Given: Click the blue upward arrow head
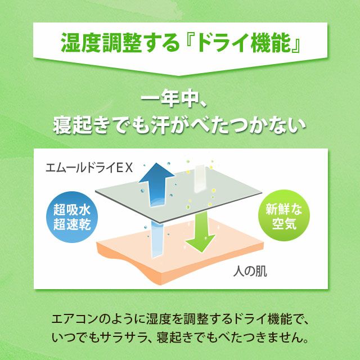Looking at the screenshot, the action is tap(156, 173).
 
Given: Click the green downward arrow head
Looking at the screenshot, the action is tap(200, 243).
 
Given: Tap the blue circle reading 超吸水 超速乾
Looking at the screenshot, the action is tap(72, 217).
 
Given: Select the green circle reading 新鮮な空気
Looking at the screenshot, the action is tap(284, 215).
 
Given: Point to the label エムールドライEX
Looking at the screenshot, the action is tap(89, 168).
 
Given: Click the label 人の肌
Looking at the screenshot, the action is tap(250, 271).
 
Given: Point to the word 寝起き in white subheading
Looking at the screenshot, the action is tap(81, 125).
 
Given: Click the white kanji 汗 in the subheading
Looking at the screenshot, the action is tap(161, 125).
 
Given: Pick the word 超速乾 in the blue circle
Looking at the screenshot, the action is tap(72, 224).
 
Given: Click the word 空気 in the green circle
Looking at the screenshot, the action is tap(284, 223).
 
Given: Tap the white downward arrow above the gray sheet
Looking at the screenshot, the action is tap(200, 178).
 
